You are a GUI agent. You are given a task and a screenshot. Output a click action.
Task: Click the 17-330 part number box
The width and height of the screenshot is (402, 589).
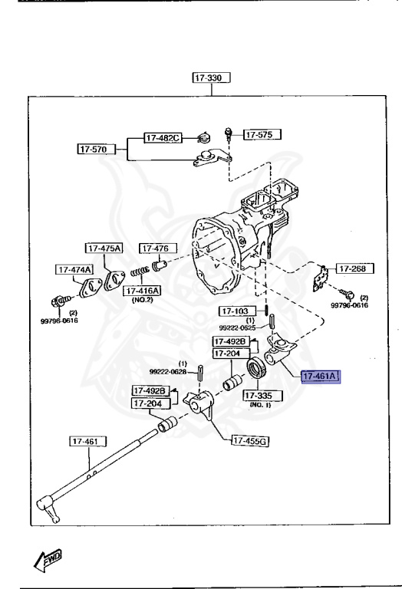coord(212,77)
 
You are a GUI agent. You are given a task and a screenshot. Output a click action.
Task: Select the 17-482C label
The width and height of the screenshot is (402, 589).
coord(163,138)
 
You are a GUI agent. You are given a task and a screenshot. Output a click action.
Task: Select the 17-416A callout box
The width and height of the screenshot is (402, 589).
coord(142,291)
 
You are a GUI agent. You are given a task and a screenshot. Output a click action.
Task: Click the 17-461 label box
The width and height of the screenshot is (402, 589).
coord(87,441)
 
